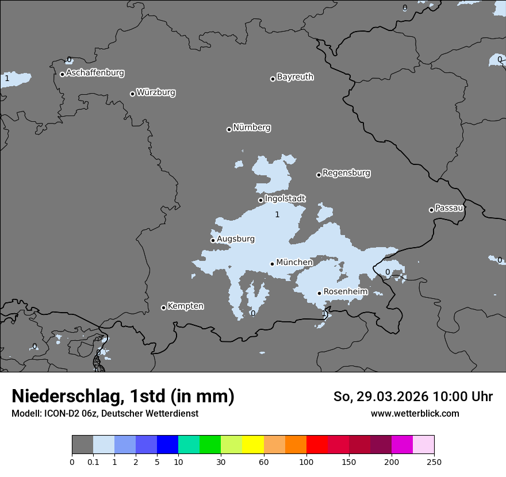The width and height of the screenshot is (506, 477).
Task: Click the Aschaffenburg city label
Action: coord(95,73)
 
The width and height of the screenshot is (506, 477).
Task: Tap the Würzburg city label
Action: coord(156,93)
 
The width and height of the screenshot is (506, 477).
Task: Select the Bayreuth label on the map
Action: coord(295,77)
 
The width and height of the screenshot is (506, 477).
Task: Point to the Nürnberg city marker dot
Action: coord(229,129)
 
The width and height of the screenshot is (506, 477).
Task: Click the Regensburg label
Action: coord(346,173)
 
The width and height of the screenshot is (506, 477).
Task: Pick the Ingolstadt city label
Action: coord(285,199)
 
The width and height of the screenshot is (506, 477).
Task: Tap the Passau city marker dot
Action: coord(431,210)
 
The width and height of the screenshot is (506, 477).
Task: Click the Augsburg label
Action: coord(235,239)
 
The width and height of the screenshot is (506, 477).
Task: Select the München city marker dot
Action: coord(272,264)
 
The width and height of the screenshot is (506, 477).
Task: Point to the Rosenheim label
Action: coord(345,292)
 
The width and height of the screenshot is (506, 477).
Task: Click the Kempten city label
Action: coord(185,306)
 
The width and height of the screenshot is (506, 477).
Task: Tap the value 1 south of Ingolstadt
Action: coord(277,215)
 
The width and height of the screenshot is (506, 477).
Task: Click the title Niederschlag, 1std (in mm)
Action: coord(123,396)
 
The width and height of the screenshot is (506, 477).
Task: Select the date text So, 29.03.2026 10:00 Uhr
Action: coord(413,397)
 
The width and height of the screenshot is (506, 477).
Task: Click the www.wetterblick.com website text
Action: coord(415,414)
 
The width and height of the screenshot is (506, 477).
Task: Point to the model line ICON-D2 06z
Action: coord(105,414)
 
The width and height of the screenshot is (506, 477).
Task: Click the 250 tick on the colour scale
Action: coord(434,461)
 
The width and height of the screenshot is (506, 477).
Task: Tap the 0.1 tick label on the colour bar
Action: coord(93,461)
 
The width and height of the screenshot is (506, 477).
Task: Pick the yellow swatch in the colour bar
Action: coord(253,445)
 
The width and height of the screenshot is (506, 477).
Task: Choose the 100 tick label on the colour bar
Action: coord(306,461)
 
